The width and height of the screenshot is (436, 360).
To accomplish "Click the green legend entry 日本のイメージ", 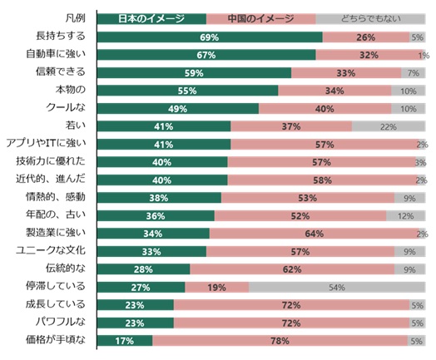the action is [x=151, y=19].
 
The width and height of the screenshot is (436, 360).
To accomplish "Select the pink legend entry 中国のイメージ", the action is [x=261, y=19].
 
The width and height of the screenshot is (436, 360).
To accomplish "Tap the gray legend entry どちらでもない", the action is [x=370, y=19].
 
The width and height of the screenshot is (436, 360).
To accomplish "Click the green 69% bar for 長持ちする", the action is [x=210, y=37].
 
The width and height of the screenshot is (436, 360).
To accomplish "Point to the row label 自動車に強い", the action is [x=56, y=53].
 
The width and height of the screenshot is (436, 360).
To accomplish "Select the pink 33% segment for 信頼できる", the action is [x=346, y=73].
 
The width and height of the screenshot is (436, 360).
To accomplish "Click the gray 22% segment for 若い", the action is [x=389, y=126].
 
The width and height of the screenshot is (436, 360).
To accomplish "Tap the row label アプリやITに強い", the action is [x=46, y=143].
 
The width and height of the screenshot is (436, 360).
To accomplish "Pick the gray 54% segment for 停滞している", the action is [x=337, y=287].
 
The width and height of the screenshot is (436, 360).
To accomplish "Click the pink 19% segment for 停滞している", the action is [x=217, y=287].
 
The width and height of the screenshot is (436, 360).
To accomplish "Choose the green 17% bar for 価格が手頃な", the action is [x=125, y=341].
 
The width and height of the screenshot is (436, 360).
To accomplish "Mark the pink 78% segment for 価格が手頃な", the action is [x=280, y=341].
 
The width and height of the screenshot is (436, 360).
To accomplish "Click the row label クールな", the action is [x=66, y=107].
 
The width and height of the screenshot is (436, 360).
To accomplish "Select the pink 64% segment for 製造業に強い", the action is [x=315, y=234].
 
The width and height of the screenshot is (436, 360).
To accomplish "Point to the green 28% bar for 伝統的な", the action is [x=143, y=269].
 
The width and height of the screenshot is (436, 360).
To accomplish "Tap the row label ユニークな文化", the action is [x=51, y=250].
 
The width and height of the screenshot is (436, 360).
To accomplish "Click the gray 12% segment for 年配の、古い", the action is [x=406, y=215].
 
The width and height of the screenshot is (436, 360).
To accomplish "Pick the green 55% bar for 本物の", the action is [x=188, y=91].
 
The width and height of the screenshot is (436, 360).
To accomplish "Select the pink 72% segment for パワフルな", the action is [x=291, y=323].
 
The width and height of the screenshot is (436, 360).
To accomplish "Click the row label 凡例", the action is [x=75, y=18].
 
